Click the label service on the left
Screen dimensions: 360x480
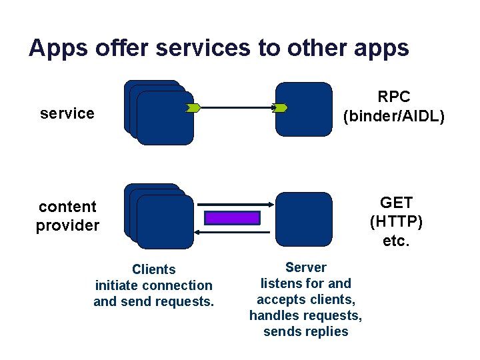[x=67, y=113]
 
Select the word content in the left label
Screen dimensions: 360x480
[x=67, y=207]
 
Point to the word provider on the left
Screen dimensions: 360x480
[x=67, y=225]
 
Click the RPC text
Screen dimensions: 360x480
[x=394, y=97]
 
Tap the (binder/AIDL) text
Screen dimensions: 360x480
[x=394, y=116]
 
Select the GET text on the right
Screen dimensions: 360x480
[x=396, y=203]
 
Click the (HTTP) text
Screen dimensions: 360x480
[x=396, y=221]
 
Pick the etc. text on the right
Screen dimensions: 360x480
[x=396, y=240]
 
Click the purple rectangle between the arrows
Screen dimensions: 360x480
[x=232, y=218]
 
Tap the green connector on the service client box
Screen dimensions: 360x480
[x=192, y=107]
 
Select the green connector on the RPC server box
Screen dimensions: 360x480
[x=280, y=107]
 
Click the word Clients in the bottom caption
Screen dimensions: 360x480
[x=154, y=269]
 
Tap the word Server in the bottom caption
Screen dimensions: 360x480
[x=306, y=267]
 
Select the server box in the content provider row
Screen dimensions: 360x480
[x=304, y=219]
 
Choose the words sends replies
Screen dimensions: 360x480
[x=306, y=331]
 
